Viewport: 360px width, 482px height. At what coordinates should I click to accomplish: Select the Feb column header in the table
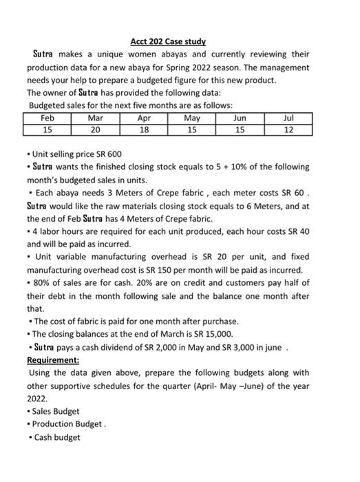click(47, 118)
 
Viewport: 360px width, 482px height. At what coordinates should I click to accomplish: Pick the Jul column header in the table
click(288, 118)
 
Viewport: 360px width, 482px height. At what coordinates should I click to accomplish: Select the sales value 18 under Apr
click(144, 129)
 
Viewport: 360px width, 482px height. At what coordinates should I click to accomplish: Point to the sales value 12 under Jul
click(288, 129)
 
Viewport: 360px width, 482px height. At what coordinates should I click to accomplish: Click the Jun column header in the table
click(240, 118)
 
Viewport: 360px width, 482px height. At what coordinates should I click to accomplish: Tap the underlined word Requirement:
click(53, 359)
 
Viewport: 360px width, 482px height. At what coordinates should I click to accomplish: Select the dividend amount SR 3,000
click(262, 347)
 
